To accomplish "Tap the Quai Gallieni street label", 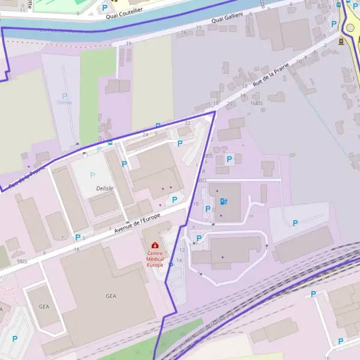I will [227, 20].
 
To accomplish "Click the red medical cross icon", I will [155, 245].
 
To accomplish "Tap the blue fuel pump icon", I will [224, 201].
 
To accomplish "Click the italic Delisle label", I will [104, 188].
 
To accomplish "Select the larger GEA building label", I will [111, 296].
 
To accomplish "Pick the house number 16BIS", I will [256, 103].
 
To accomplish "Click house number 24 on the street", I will [145, 135].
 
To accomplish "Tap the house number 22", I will [188, 123].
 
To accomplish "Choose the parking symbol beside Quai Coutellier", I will [105, 7].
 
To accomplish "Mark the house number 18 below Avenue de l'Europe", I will [76, 249].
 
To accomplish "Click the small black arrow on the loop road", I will [266, 246].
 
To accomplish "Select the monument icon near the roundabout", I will [341, 41].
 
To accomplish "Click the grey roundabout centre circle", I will [350, 28].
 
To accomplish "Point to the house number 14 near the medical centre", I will [179, 260].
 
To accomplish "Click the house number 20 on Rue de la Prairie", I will [230, 103].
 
